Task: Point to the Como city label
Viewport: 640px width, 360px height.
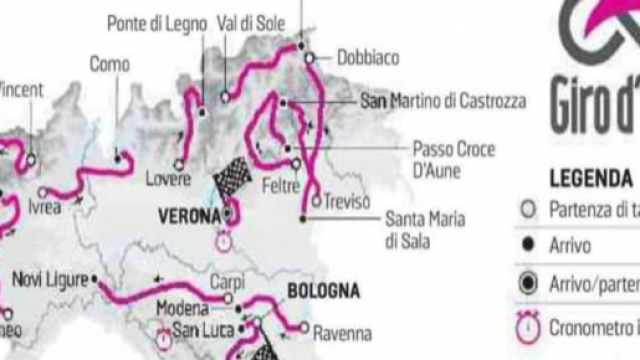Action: [109, 63]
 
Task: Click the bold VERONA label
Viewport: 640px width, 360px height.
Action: [189, 216]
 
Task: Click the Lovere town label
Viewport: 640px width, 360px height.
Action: [168, 179]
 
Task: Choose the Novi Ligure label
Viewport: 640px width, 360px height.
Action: [51, 280]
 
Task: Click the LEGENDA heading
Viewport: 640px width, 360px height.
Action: [589, 179]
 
